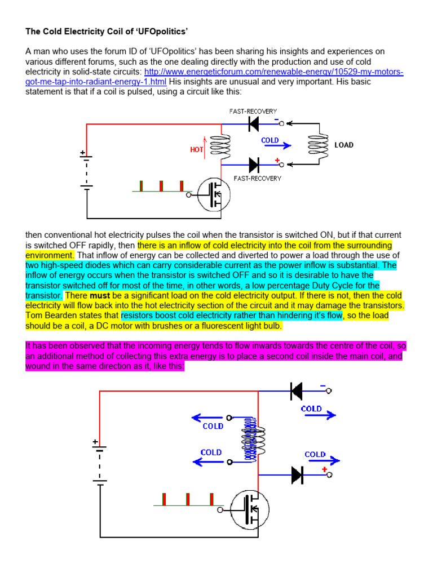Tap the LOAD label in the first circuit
click(343, 145)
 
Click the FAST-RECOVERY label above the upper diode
click(252, 111)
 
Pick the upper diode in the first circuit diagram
click(253, 124)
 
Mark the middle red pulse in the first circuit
click(162, 187)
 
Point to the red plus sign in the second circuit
click(324, 468)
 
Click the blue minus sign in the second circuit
click(322, 385)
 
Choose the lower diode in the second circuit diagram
click(297, 475)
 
